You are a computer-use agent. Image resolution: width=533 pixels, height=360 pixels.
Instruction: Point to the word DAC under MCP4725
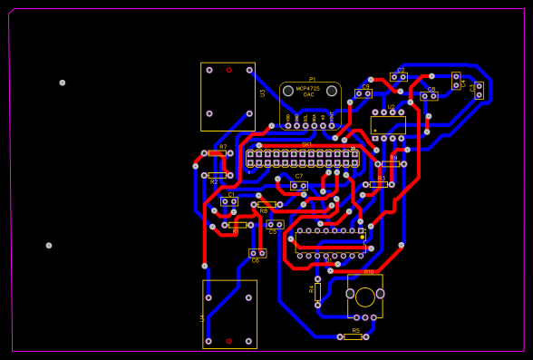click(x=309, y=94)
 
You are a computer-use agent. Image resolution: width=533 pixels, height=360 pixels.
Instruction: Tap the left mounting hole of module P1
click(x=288, y=91)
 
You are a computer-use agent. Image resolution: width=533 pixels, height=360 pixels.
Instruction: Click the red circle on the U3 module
click(x=228, y=70)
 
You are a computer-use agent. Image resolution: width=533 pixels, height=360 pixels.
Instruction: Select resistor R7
click(x=218, y=153)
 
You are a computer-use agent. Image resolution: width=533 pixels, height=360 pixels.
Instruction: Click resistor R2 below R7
click(x=218, y=175)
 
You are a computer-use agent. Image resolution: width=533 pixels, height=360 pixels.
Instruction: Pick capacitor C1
click(x=229, y=201)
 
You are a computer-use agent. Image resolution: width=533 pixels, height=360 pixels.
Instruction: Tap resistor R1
click(x=237, y=225)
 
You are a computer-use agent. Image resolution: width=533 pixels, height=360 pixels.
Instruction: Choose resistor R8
click(x=266, y=204)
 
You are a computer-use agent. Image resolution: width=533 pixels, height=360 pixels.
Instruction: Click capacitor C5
click(x=275, y=224)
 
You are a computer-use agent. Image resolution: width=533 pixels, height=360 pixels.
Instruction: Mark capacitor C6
click(x=257, y=253)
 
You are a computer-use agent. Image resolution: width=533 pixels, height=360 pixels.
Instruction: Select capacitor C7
click(x=298, y=185)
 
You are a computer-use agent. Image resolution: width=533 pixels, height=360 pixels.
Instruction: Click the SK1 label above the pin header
click(x=306, y=144)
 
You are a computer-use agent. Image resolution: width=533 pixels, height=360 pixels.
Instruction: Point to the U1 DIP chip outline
click(x=331, y=243)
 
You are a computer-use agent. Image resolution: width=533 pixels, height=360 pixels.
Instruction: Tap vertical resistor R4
click(x=317, y=291)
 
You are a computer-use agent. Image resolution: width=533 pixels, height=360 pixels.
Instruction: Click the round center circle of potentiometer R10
click(x=365, y=297)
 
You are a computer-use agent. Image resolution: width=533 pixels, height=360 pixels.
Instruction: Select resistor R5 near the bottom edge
click(x=353, y=336)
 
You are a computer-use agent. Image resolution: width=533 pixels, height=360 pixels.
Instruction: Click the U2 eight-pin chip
click(x=388, y=125)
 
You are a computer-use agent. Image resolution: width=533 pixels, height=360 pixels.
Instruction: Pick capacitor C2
click(x=399, y=77)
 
